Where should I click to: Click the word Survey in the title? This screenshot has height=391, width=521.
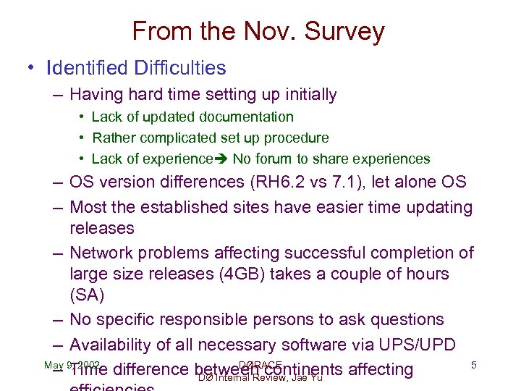coord(345,33)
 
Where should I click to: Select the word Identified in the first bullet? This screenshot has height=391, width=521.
coord(84,68)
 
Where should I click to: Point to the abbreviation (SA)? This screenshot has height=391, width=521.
coord(87,295)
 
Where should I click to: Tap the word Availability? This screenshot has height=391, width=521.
coord(111,345)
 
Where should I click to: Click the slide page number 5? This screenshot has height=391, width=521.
coord(473,365)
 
